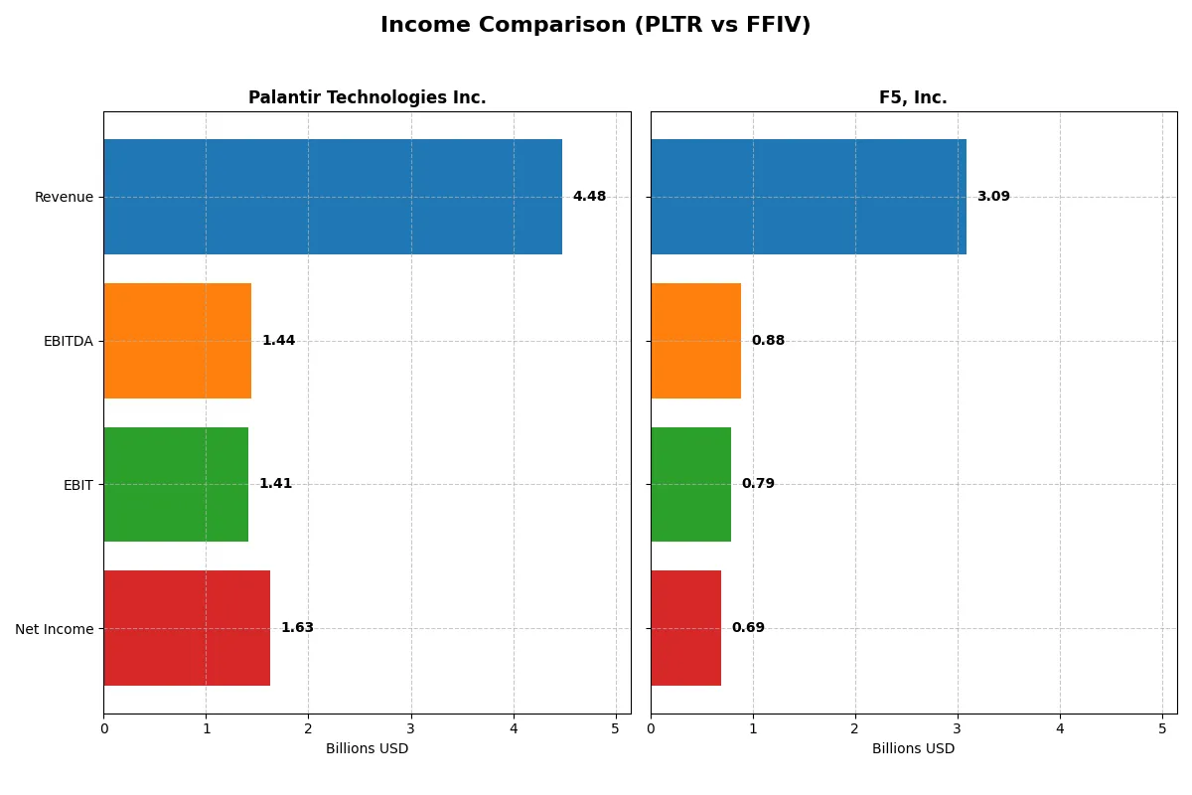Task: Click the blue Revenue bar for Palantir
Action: click(x=333, y=197)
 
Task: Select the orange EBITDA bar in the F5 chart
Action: click(x=695, y=341)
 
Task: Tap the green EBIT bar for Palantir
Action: click(x=176, y=484)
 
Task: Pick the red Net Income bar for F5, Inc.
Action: click(x=685, y=628)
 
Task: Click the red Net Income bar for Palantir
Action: click(x=187, y=628)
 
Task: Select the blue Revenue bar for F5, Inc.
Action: click(x=808, y=197)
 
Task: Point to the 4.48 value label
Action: click(x=589, y=197)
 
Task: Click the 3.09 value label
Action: click(x=993, y=197)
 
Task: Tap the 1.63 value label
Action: click(x=297, y=628)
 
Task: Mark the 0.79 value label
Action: click(x=758, y=484)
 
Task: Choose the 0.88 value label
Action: click(x=768, y=341)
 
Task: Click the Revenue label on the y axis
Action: click(x=64, y=197)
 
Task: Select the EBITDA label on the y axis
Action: click(x=68, y=341)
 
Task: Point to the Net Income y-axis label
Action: click(x=55, y=628)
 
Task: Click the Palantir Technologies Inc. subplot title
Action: click(x=367, y=97)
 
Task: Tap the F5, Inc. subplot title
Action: click(x=913, y=97)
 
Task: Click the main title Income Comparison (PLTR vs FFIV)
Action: click(x=595, y=25)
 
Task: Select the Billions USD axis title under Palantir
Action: click(x=367, y=748)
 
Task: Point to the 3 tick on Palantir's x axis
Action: click(x=411, y=728)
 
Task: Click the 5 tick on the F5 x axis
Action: click(x=1162, y=728)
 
